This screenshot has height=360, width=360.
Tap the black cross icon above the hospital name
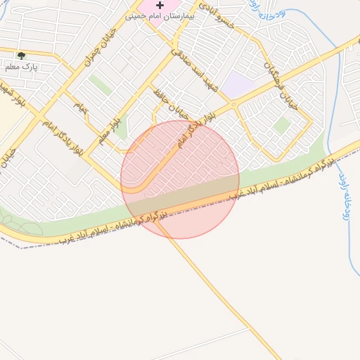tap(160, 5)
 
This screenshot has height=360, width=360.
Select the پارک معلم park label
tap(21, 67)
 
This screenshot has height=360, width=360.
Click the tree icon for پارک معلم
tap(21, 56)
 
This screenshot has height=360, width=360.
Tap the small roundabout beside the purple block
tap(235, 105)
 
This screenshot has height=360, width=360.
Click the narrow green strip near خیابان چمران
tap(100, 85)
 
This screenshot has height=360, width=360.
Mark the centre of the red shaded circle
tap(180, 179)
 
